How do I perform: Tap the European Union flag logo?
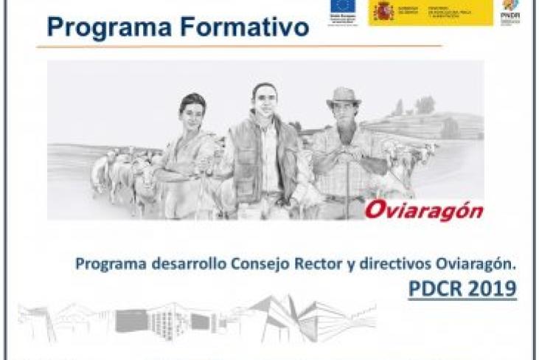(x=343, y=7)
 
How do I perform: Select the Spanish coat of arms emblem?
(x=383, y=10)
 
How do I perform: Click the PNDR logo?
(x=510, y=10)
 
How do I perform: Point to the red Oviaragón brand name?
(x=423, y=210)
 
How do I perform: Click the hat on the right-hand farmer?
(x=343, y=97)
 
